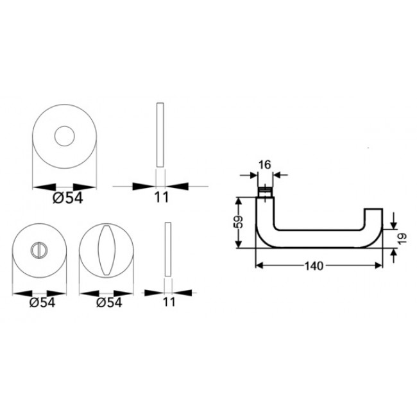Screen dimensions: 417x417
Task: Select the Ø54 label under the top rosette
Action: [x=65, y=198]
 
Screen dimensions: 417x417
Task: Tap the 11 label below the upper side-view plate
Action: [x=160, y=198]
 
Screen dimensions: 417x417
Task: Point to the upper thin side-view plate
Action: [x=160, y=135]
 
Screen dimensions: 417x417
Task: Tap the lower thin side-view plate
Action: [x=168, y=250]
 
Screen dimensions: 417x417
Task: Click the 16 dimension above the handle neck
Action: [x=264, y=164]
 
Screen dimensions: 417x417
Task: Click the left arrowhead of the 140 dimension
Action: [x=260, y=264]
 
